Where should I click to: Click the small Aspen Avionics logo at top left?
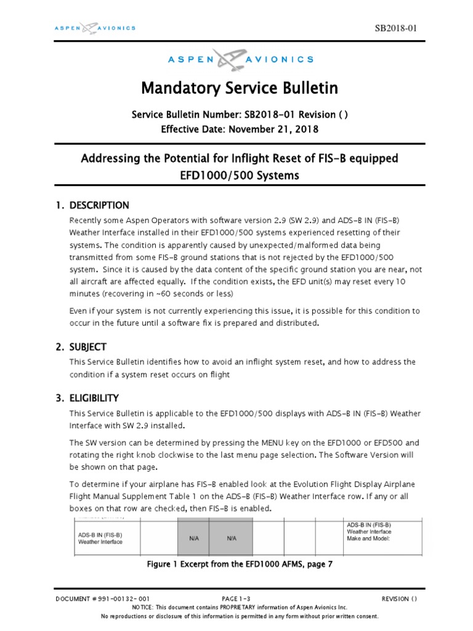pos(94,28)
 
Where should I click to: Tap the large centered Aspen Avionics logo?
pos(240,59)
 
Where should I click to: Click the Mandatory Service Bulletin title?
pos(240,88)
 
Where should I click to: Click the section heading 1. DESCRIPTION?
pos(94,205)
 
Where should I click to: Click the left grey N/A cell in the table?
pos(193,538)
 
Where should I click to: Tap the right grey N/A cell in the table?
pos(232,538)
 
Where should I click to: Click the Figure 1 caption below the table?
pos(240,564)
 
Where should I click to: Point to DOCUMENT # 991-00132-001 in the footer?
pos(102,598)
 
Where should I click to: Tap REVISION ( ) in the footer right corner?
pos(399,598)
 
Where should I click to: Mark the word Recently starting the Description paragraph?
pos(87,221)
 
